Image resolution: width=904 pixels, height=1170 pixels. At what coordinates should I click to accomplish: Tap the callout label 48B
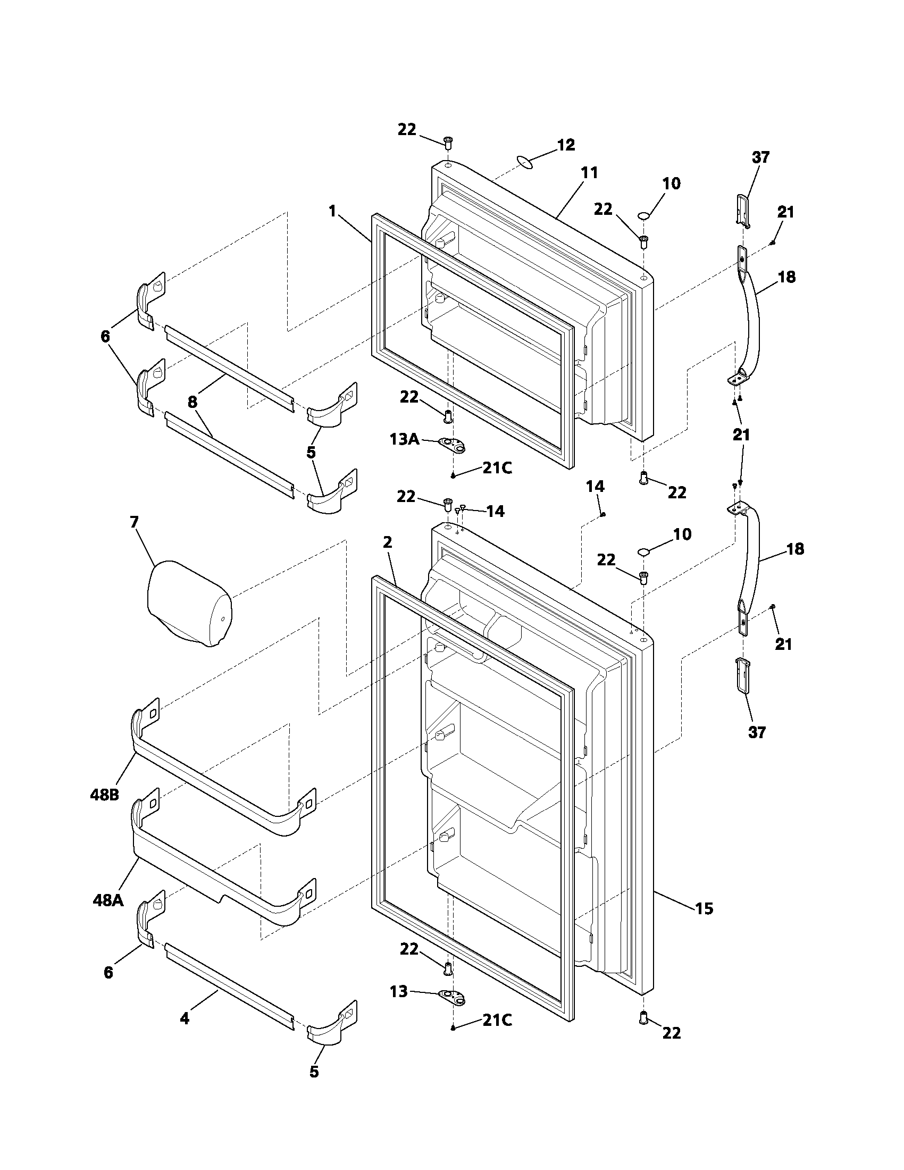104,795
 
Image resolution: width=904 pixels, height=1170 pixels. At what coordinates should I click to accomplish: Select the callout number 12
566,145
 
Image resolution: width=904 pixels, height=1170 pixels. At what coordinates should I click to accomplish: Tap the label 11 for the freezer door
589,172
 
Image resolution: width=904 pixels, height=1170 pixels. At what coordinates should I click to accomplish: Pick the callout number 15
704,908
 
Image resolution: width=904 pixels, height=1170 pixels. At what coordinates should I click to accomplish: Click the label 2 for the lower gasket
388,542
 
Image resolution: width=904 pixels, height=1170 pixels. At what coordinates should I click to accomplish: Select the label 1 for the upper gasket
332,211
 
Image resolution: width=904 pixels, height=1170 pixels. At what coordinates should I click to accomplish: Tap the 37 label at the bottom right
757,732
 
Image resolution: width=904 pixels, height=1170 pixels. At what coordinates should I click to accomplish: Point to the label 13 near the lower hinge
398,992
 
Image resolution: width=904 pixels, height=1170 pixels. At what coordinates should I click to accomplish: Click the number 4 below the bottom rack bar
184,1018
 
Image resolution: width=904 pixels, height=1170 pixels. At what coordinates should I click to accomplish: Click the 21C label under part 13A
497,467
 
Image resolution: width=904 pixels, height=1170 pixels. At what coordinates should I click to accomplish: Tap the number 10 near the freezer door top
671,184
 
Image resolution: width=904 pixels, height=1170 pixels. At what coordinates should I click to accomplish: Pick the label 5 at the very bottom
314,1087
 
